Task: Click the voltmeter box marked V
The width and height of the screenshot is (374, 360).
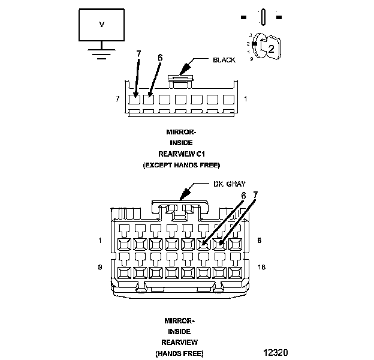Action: (102, 25)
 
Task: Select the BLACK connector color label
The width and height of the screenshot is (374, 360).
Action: (224, 60)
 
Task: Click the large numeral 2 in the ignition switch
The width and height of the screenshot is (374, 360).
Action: (271, 49)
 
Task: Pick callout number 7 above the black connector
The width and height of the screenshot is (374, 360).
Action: (138, 54)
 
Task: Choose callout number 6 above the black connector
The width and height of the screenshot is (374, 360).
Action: (160, 58)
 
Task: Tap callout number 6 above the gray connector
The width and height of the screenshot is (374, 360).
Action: (243, 196)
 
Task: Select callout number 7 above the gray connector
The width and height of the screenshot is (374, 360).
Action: (256, 196)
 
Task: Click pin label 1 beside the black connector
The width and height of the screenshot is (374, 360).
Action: (246, 98)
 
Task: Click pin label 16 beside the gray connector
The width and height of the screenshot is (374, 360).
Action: (261, 267)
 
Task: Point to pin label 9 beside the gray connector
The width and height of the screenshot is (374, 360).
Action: (99, 267)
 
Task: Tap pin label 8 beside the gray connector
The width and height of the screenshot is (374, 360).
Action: (259, 241)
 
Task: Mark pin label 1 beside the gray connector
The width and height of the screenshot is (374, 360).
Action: (99, 241)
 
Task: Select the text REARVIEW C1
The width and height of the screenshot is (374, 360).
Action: (182, 154)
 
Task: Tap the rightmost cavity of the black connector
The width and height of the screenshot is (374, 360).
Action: (228, 100)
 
